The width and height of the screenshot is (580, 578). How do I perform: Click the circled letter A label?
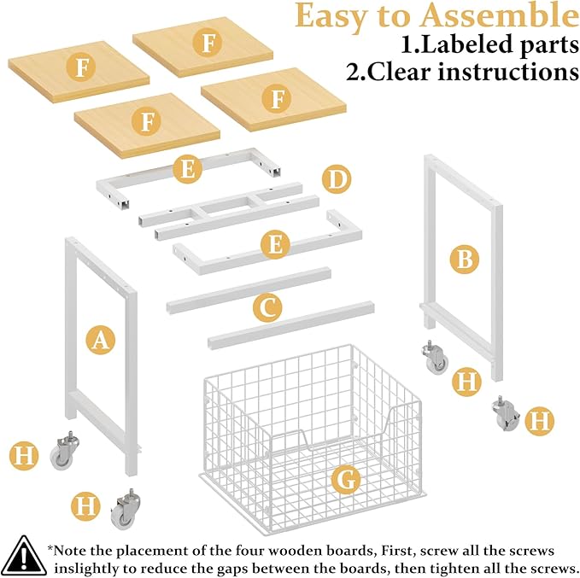coord(100,340)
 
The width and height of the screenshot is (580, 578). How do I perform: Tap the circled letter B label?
coord(464,260)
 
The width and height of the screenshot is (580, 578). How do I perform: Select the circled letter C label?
coord(267,307)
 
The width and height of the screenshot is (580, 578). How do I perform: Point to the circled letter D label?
coord(337,179)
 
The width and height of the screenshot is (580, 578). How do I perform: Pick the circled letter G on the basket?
coord(346,480)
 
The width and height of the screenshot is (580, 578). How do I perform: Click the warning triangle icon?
coord(24,556)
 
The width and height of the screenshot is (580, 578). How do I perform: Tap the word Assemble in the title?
coord(500,15)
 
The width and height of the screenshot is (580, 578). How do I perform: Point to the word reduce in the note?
coord(168,568)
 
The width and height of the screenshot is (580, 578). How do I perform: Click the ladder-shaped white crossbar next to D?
coord(229,212)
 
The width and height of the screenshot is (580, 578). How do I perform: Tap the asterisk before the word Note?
coord(50,547)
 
